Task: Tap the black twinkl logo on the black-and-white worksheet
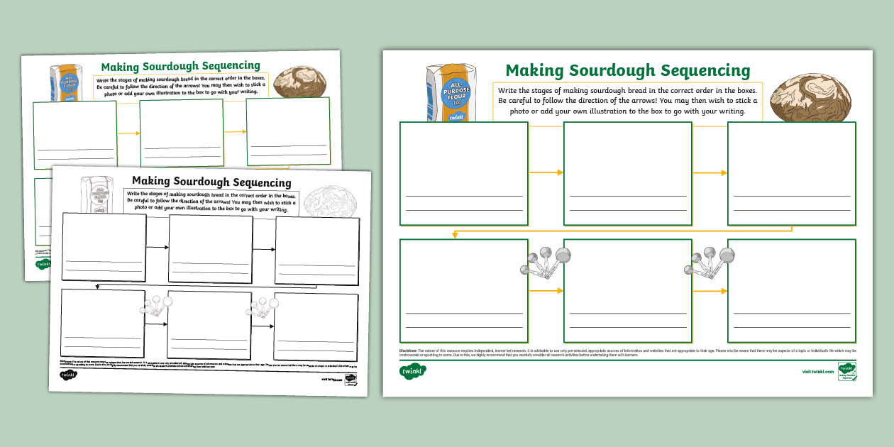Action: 68,375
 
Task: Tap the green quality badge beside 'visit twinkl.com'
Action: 846,370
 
